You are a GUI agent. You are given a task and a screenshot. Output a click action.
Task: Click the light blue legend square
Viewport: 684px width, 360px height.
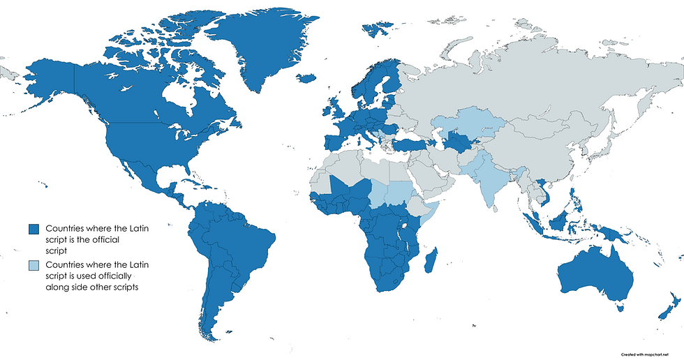click(x=32, y=266)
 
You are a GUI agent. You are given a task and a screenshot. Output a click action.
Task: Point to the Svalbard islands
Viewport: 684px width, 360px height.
click(x=377, y=28)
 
